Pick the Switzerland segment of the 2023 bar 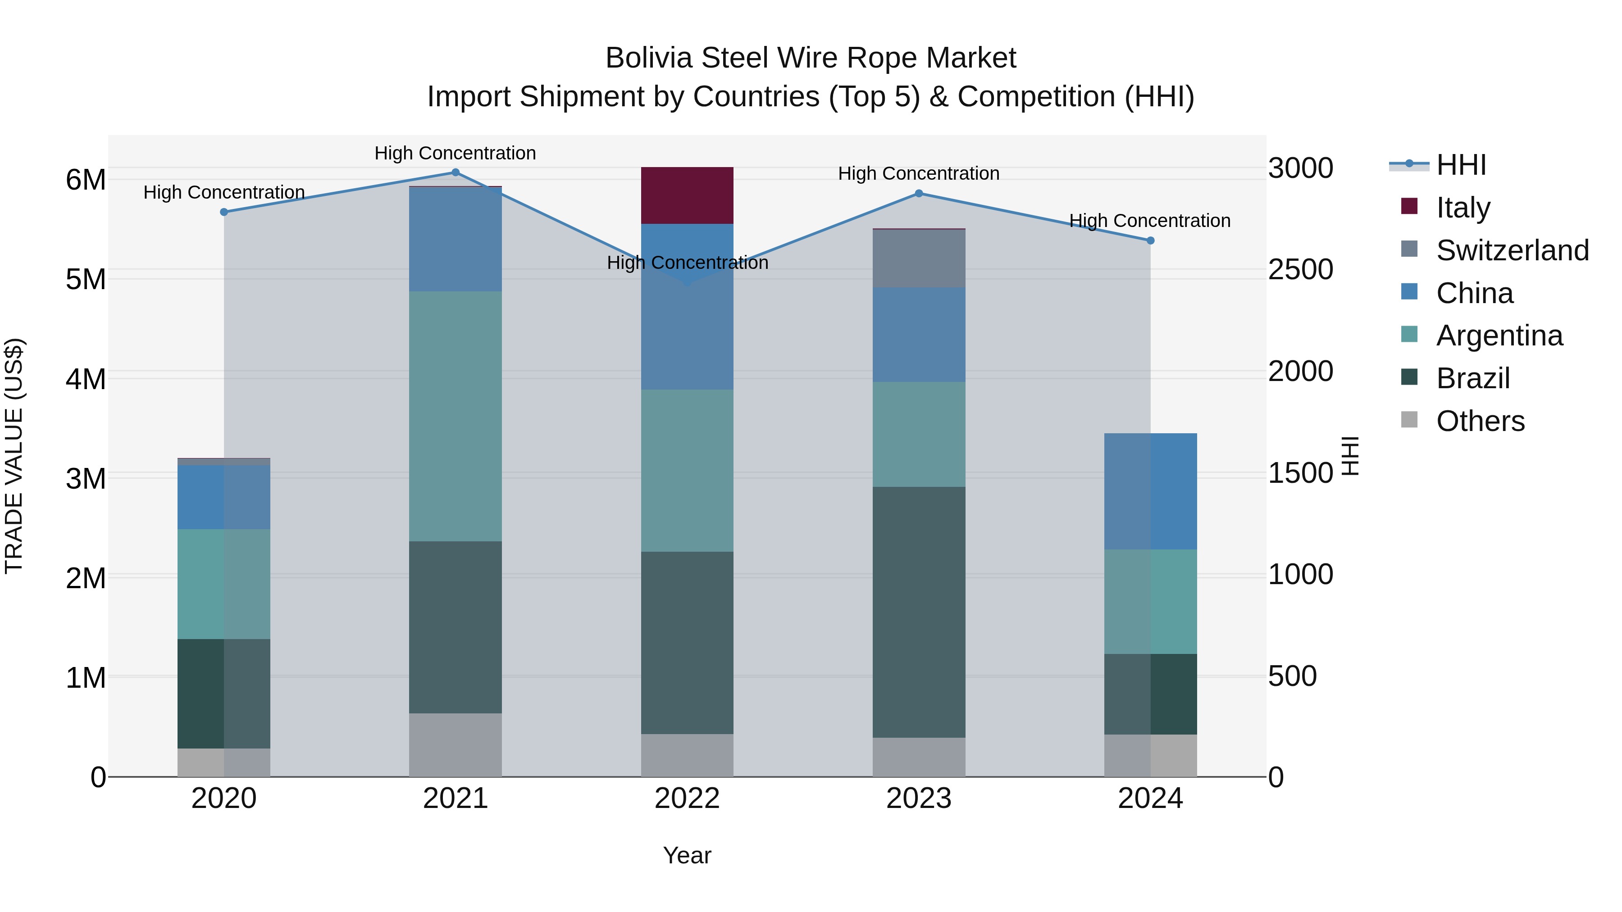click(919, 259)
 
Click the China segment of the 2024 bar click(1150, 491)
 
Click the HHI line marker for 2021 click(455, 172)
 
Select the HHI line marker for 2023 click(919, 193)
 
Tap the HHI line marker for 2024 click(1150, 240)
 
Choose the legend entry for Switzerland click(1512, 250)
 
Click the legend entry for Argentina click(1499, 336)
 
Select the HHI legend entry click(1461, 165)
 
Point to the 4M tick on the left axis click(86, 379)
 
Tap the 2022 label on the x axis click(687, 799)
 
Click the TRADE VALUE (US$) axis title click(14, 456)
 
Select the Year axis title click(687, 855)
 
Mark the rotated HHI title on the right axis click(1351, 456)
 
